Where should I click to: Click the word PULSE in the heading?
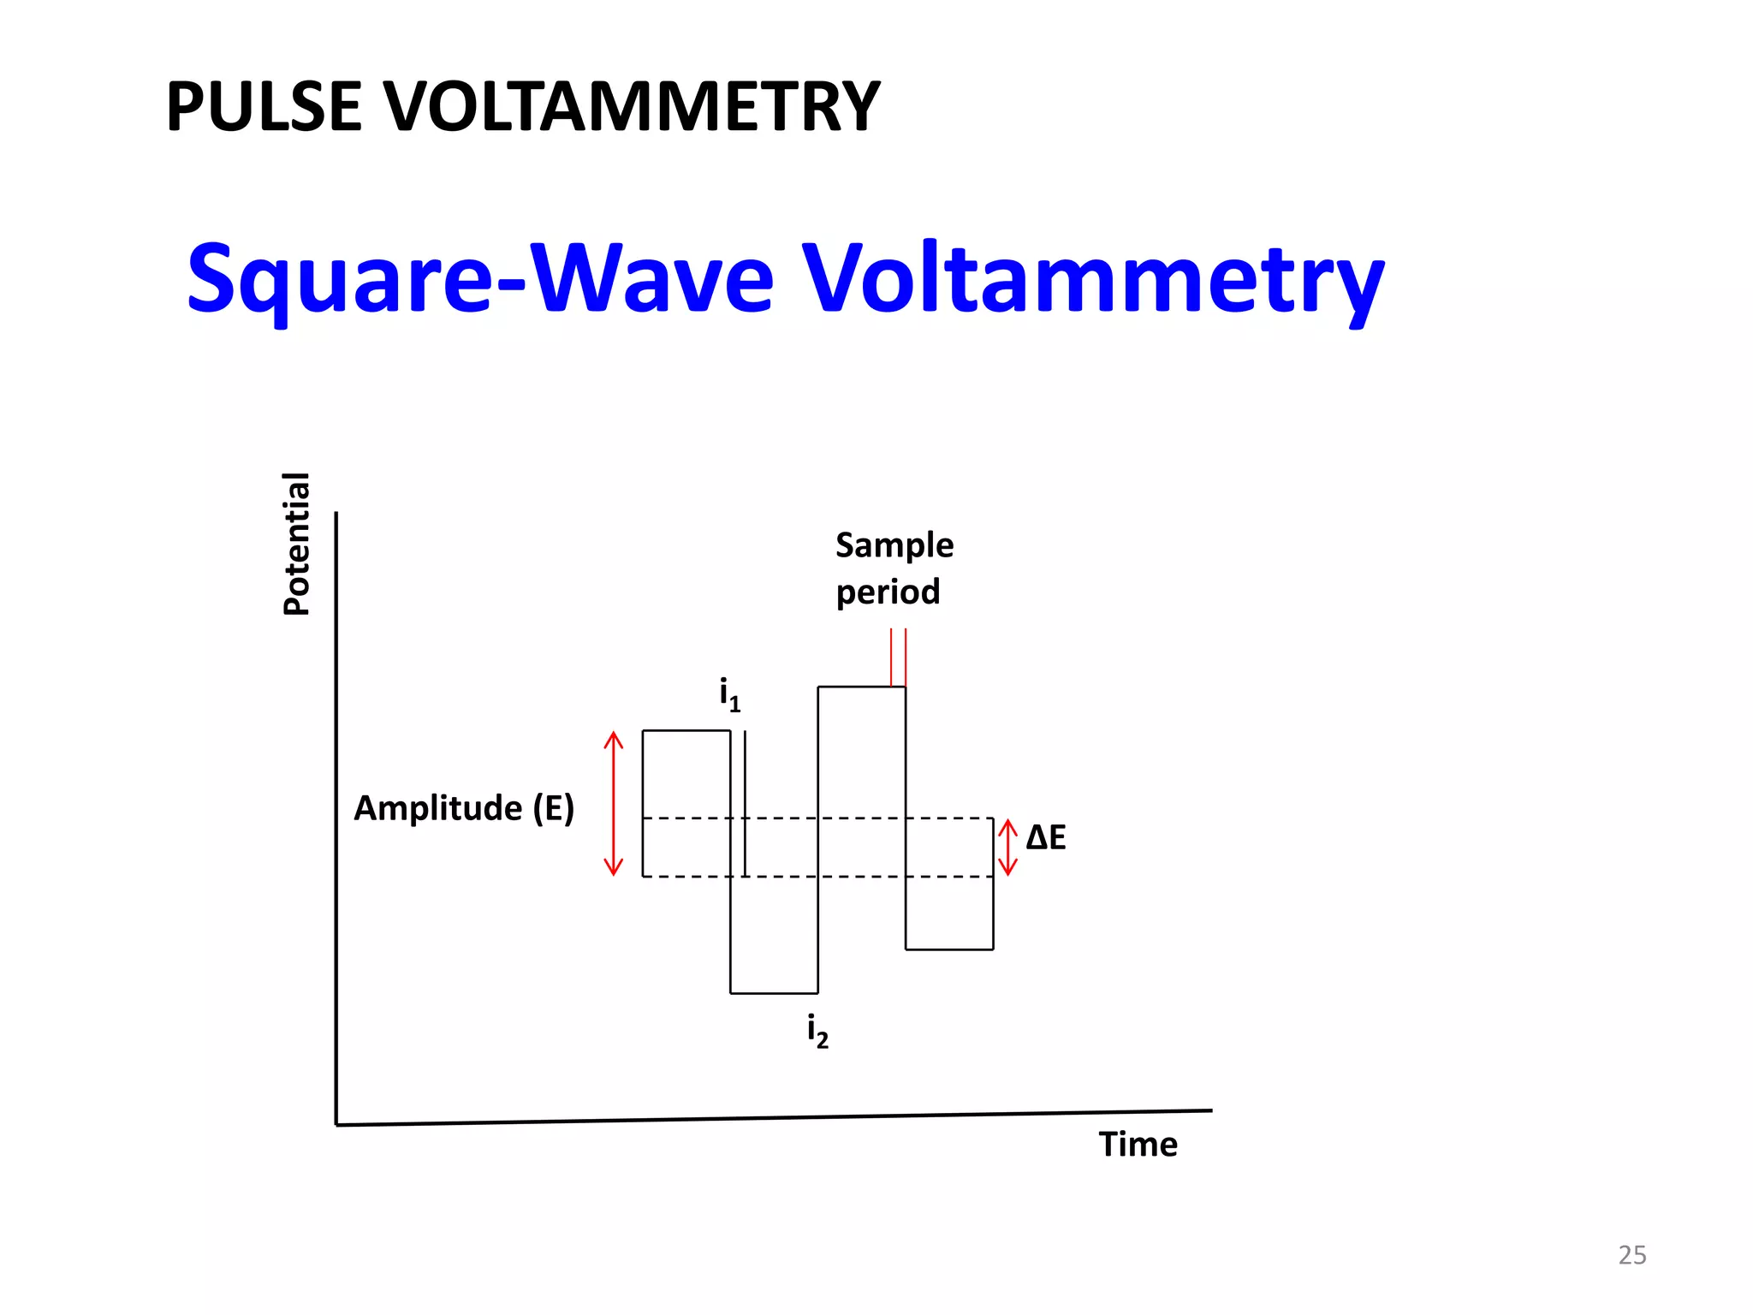[264, 107]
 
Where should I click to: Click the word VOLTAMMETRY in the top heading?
[632, 107]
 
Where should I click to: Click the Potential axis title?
[296, 544]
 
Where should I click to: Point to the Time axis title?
[1138, 1145]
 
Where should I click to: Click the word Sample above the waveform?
[894, 545]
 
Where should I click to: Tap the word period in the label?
[888, 592]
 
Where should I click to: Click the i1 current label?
[729, 694]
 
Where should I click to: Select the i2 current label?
[817, 1031]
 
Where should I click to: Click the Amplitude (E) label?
[464, 808]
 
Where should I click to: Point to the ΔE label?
[1046, 837]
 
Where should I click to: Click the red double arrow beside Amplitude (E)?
[614, 803]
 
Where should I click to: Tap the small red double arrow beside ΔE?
[1008, 848]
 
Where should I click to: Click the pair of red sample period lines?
[898, 657]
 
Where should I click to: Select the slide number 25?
[1631, 1255]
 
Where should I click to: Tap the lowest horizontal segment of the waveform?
[774, 993]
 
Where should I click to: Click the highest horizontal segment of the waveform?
[861, 687]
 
